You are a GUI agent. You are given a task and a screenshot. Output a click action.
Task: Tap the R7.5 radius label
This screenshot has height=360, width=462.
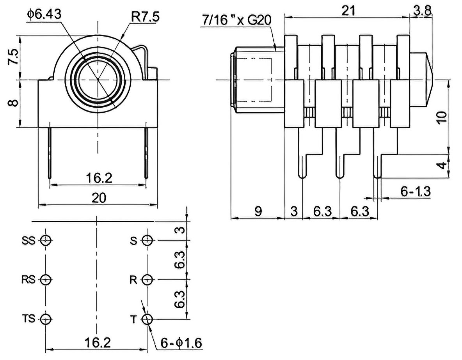[145, 17]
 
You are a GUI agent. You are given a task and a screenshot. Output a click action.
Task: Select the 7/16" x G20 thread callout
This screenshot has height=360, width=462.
[236, 20]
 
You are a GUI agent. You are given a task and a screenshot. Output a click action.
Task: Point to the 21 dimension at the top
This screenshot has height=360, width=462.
[348, 11]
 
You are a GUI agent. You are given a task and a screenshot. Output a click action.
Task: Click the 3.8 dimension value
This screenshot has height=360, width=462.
[422, 10]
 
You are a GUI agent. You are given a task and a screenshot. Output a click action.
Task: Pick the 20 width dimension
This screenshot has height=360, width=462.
[99, 198]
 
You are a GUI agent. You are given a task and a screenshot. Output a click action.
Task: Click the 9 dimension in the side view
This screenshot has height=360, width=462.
[258, 211]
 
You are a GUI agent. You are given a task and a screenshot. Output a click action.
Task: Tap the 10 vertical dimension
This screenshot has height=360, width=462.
[442, 118]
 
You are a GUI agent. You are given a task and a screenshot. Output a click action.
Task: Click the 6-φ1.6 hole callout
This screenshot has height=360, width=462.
[181, 343]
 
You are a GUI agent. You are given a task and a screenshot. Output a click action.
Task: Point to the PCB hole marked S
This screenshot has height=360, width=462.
[147, 240]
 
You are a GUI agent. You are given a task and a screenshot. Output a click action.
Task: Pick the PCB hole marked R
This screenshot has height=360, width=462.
[147, 280]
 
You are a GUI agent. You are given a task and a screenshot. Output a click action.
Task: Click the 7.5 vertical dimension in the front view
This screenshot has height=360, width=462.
[13, 57]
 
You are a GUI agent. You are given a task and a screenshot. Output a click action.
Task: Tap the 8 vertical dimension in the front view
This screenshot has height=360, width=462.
[14, 103]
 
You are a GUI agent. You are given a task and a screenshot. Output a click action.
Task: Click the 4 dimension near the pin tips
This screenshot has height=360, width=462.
[442, 166]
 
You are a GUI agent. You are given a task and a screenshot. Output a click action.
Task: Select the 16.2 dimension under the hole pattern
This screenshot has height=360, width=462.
[98, 342]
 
